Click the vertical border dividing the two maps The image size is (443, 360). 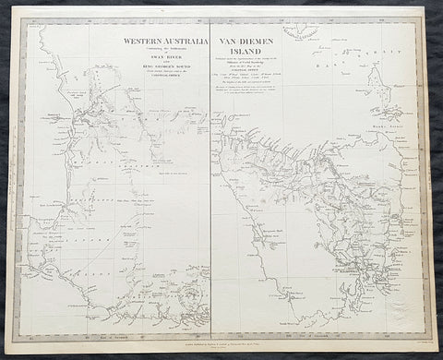pyautogui.click(x=210, y=185)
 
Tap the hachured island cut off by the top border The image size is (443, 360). pyautogui.click(x=301, y=31)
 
